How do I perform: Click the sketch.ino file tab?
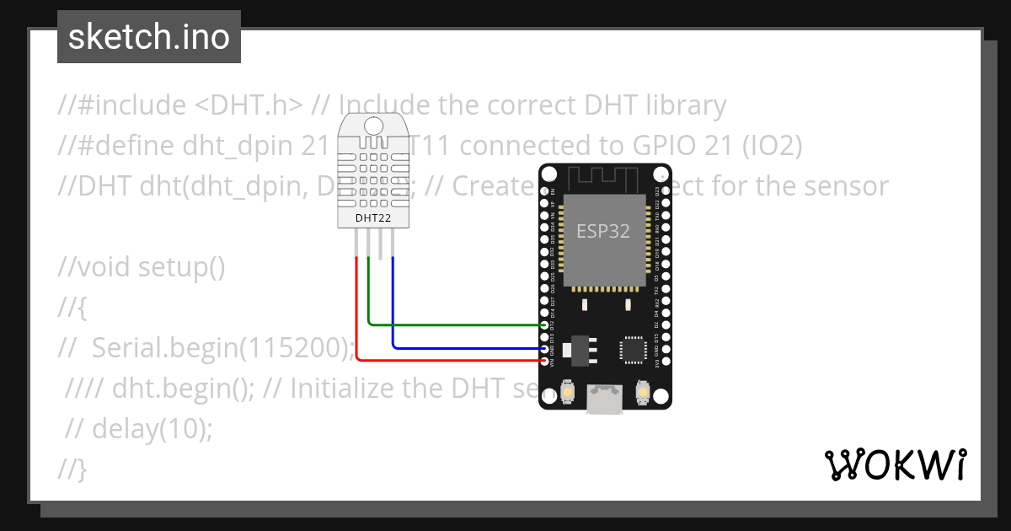point(149,37)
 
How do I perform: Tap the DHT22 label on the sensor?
point(372,217)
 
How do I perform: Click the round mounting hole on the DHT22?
point(372,126)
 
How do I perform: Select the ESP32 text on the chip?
point(603,231)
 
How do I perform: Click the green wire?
point(455,324)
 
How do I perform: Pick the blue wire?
point(463,347)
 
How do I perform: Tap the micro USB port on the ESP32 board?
point(605,399)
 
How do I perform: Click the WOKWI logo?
point(894,464)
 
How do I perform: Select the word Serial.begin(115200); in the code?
point(222,347)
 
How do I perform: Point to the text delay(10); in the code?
point(152,428)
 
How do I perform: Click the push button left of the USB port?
point(566,393)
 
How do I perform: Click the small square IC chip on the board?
point(633,349)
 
